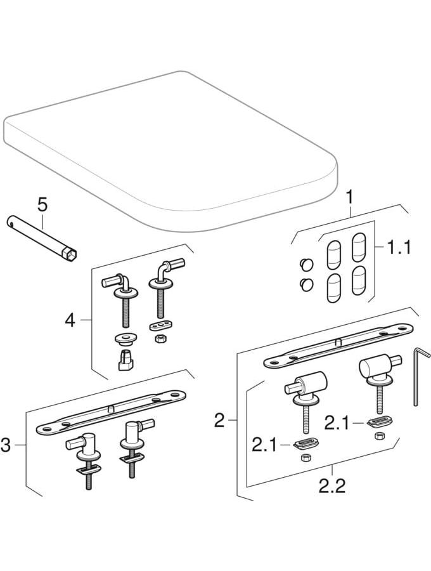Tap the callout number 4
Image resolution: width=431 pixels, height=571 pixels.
(x=70, y=321)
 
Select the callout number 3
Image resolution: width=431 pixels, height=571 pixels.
(x=6, y=445)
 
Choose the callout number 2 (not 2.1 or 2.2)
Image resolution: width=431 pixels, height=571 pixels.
(x=219, y=420)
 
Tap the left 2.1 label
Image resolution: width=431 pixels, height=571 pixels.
(x=264, y=444)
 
